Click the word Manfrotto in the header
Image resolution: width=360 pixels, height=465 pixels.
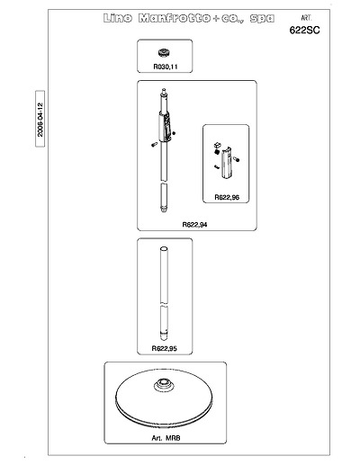tap(175, 18)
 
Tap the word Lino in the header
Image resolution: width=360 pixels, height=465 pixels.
tap(118, 18)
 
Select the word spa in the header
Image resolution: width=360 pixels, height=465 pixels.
tap(262, 19)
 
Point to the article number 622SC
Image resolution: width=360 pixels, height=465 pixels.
tap(304, 30)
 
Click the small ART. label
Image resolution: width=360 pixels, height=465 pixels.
tap(306, 18)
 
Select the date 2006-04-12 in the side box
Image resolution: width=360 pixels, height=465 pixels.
tap(40, 120)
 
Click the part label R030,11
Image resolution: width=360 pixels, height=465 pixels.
tap(166, 67)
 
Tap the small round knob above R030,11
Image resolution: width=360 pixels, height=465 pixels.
tap(165, 53)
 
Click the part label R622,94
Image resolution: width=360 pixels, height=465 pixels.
tap(194, 225)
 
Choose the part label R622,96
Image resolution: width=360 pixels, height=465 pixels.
tap(227, 197)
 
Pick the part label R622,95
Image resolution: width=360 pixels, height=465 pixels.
tap(165, 348)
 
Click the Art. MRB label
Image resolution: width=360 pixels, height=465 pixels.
tap(166, 438)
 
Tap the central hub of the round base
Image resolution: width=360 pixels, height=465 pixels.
tap(164, 384)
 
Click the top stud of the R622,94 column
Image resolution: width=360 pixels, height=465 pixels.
tap(164, 91)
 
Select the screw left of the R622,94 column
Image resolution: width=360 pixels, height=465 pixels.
tap(154, 145)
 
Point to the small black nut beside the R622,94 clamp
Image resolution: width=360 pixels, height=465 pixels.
tap(174, 133)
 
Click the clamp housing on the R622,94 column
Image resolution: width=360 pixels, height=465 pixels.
tap(165, 126)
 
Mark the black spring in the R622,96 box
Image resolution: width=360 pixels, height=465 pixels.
tap(217, 152)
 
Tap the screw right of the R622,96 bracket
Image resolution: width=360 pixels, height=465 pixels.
tap(236, 159)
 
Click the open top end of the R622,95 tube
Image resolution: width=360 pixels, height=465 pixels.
tap(164, 249)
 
